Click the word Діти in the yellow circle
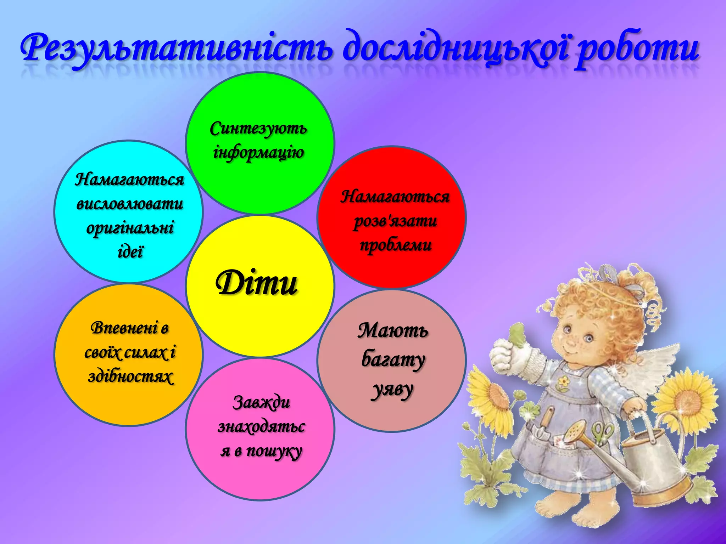coord(257,283)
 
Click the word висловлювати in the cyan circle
coord(130,204)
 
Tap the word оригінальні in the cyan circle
coord(130,228)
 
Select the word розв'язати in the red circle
coord(395,221)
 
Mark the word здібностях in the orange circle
coord(130,377)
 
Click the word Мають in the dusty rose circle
coord(393,331)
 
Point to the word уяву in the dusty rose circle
coord(393,390)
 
